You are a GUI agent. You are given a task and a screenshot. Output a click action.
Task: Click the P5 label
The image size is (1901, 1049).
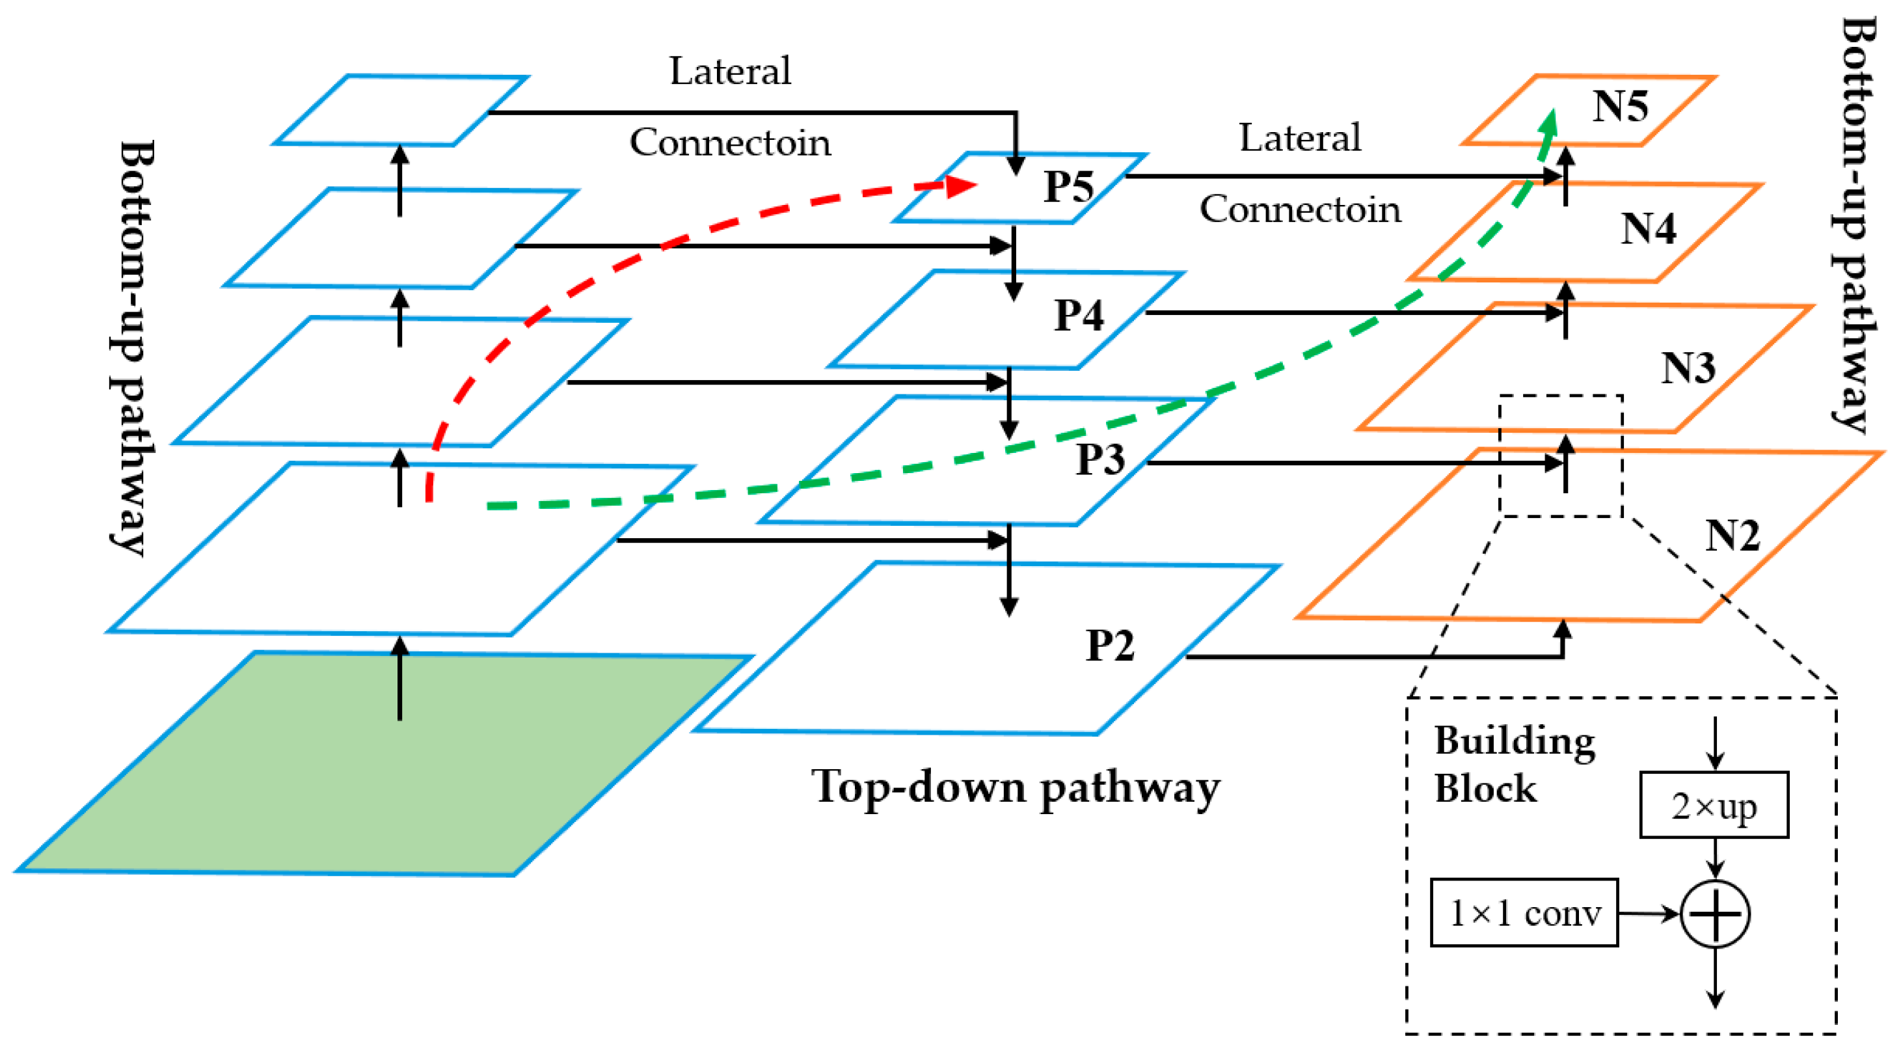[x=1068, y=186]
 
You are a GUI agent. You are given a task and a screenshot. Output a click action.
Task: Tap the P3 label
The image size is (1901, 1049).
[x=1099, y=459]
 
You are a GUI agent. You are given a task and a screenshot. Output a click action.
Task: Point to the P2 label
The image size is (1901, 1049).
[x=1109, y=646]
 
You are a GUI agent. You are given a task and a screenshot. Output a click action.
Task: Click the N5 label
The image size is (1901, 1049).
[x=1620, y=106]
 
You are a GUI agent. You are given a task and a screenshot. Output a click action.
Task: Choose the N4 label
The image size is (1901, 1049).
[x=1648, y=229]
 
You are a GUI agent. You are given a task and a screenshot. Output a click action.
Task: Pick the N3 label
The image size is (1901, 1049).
[x=1688, y=368]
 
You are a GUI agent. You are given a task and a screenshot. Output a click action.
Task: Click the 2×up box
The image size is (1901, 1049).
[x=1714, y=806]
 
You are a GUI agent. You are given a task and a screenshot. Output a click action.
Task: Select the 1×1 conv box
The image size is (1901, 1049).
[x=1524, y=912]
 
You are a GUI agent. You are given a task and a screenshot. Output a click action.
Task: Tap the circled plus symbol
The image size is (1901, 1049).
[x=1715, y=913]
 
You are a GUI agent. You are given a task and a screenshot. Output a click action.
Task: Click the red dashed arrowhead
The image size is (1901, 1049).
[x=961, y=186]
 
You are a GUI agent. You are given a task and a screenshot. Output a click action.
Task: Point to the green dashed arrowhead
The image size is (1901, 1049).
[x=1549, y=124]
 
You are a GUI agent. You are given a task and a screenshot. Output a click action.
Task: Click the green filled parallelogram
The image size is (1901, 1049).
[x=384, y=764]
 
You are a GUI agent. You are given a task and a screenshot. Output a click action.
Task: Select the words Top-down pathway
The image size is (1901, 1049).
[x=1015, y=787]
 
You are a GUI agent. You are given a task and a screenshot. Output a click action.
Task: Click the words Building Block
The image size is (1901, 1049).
[x=1513, y=764]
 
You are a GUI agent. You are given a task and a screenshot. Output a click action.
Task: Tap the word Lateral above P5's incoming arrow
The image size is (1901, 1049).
[x=729, y=72]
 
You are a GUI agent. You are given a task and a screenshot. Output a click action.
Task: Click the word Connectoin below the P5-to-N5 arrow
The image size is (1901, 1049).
[x=1300, y=209]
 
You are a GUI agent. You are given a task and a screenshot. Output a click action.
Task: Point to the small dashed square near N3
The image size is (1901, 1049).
[x=1561, y=456]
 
